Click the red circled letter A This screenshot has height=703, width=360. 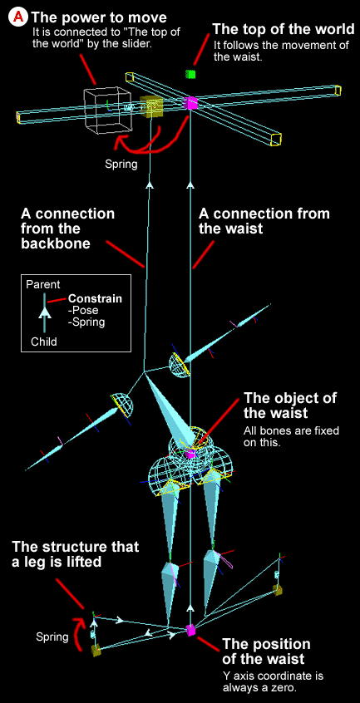pos(19,17)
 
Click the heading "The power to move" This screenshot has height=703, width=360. pos(99,17)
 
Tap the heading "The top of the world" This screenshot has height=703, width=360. pos(284,30)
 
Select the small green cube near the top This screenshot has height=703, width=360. pos(191,74)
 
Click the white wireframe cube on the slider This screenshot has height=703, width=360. pos(106,111)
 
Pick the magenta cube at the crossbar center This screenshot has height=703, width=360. pos(191,104)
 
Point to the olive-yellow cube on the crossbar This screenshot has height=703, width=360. pos(150,106)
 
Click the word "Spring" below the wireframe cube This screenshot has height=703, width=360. pos(121,165)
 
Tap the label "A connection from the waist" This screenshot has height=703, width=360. pos(264,221)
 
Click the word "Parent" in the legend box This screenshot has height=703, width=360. pos(43,284)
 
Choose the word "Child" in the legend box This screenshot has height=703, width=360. pos(44,342)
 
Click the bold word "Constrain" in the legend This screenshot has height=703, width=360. pos(95,298)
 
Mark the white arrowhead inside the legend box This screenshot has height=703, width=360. pos(44,313)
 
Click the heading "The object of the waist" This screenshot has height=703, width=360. pos(290,406)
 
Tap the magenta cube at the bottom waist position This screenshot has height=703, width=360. pos(191,630)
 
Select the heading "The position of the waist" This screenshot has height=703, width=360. pos(266,651)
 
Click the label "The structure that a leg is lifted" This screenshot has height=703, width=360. pos(76,554)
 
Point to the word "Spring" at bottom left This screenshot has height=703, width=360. pos(52,637)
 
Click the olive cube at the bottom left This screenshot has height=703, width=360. pos(96,650)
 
